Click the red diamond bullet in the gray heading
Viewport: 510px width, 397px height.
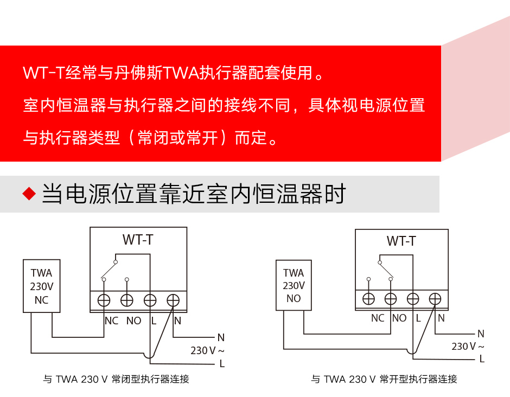click(29, 194)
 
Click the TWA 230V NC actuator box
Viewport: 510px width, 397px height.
click(42, 286)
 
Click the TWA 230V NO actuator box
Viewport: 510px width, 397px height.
click(294, 285)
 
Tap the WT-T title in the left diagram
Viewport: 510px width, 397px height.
click(138, 240)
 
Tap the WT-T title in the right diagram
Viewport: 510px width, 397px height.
click(401, 241)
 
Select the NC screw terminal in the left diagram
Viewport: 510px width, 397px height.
click(104, 300)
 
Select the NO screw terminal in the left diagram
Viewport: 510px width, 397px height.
click(127, 300)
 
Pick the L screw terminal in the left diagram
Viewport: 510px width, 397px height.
click(150, 300)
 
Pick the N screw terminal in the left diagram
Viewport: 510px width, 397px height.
click(173, 300)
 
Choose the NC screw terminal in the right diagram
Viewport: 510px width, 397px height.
click(368, 298)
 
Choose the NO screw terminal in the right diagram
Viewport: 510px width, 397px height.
click(391, 298)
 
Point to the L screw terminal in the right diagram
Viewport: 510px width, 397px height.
click(413, 298)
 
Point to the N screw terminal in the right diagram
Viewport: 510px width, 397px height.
click(435, 298)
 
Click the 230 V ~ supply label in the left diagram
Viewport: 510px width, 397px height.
click(207, 350)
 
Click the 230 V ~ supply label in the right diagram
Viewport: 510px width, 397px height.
click(468, 346)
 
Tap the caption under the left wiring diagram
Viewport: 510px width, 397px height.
click(116, 379)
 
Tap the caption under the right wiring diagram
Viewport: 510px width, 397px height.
click(384, 379)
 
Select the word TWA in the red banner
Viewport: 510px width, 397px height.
click(181, 73)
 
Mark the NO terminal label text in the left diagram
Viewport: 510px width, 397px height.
click(133, 321)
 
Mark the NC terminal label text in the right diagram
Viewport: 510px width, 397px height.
click(378, 318)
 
